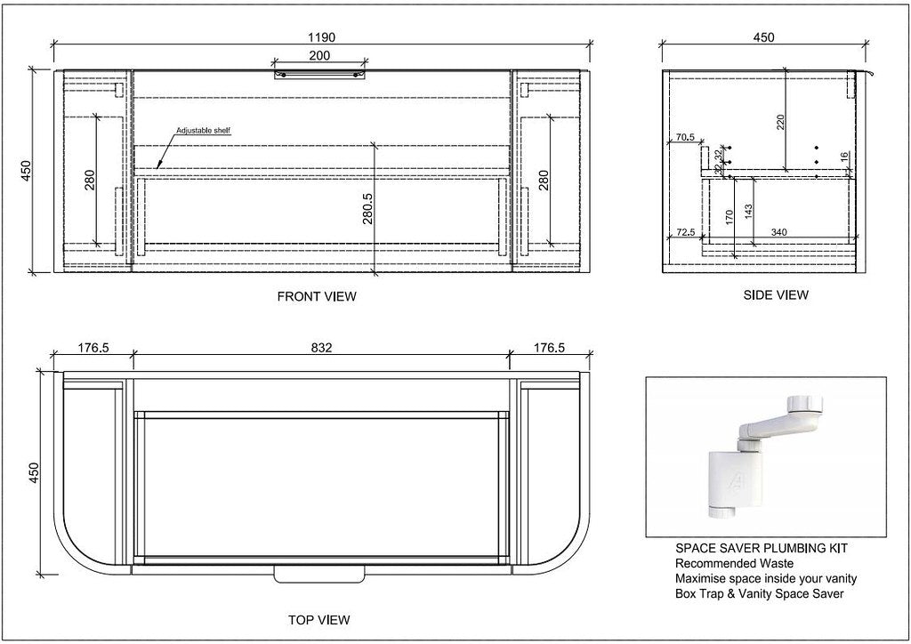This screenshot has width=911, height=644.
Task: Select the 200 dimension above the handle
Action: pyautogui.click(x=319, y=56)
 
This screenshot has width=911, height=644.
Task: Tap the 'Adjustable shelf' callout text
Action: pyautogui.click(x=203, y=131)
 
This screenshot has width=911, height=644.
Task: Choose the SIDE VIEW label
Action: pyautogui.click(x=776, y=294)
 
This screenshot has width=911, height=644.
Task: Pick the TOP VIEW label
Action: pyautogui.click(x=318, y=619)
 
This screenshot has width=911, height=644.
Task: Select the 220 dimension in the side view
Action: pyautogui.click(x=780, y=123)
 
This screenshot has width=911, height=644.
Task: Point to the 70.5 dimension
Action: pyautogui.click(x=684, y=138)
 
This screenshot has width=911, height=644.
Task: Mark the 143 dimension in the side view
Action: pyautogui.click(x=748, y=211)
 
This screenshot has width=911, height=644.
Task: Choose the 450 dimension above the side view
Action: pyautogui.click(x=763, y=37)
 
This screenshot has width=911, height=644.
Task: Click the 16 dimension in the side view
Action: pyautogui.click(x=844, y=157)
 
